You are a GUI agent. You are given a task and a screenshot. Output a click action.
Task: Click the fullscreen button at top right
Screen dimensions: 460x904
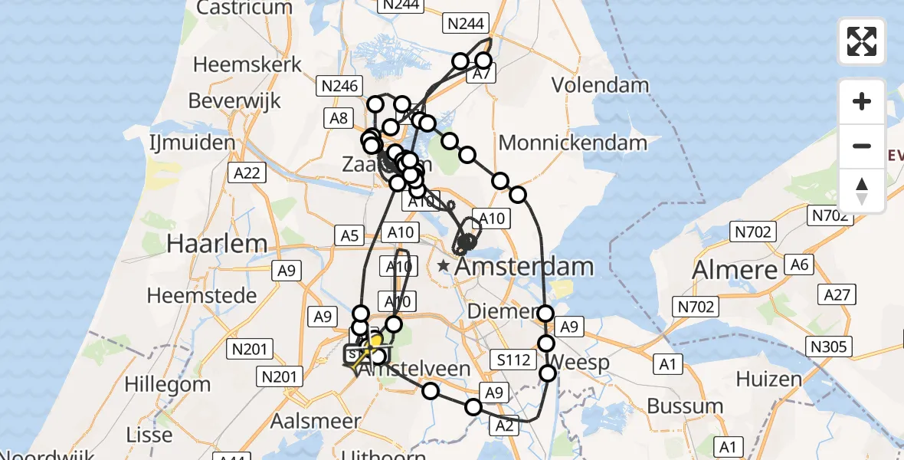coord(862,41)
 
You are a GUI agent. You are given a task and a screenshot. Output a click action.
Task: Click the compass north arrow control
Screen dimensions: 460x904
coord(862,191)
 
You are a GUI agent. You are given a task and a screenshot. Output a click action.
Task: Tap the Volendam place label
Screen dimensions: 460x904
coord(600,85)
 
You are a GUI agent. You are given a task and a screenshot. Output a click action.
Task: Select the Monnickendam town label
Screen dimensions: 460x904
coord(573,142)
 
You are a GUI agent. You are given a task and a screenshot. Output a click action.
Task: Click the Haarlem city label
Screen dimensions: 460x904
coord(217,244)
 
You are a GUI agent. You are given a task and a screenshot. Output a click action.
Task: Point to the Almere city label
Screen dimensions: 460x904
coord(735,270)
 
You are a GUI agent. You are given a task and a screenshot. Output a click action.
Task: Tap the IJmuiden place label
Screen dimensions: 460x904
coord(192,143)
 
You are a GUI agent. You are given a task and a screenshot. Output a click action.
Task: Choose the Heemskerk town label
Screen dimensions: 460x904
coord(247,64)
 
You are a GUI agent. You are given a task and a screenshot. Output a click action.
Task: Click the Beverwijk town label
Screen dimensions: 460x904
coord(234,100)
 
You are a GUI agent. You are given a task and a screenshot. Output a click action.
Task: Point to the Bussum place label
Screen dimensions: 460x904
coord(685,406)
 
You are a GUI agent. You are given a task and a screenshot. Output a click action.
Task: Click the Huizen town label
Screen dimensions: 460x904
coord(769,379)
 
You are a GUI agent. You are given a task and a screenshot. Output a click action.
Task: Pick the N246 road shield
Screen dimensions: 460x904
coord(340,86)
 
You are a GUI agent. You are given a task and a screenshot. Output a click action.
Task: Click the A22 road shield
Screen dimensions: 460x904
coord(247,172)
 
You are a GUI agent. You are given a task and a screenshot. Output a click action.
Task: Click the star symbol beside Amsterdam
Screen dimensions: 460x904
coord(444,266)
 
